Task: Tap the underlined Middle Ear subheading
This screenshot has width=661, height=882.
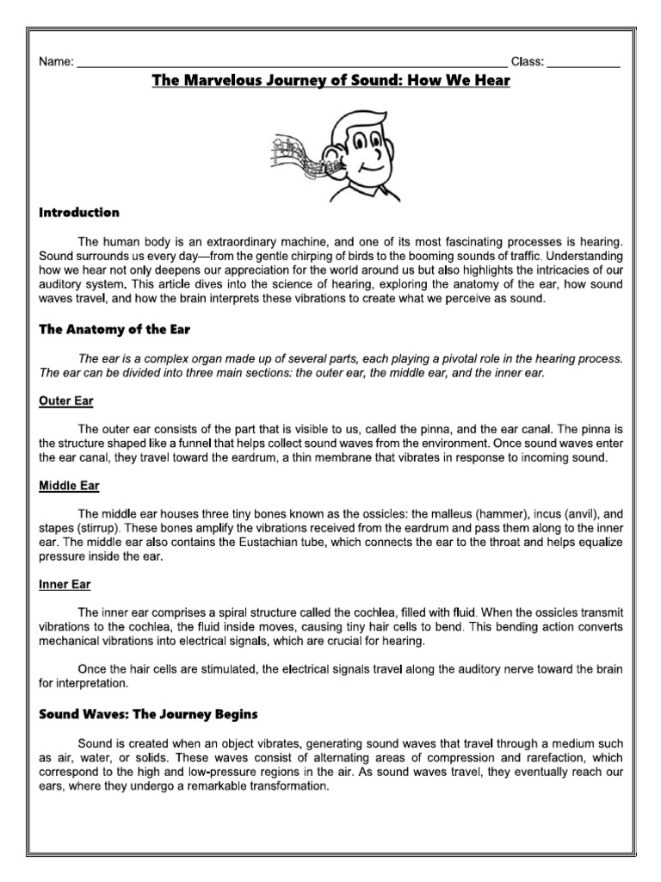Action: coord(69,486)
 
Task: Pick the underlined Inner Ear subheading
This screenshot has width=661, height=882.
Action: coord(65,584)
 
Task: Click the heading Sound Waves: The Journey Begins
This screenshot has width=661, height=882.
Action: coord(148,715)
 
